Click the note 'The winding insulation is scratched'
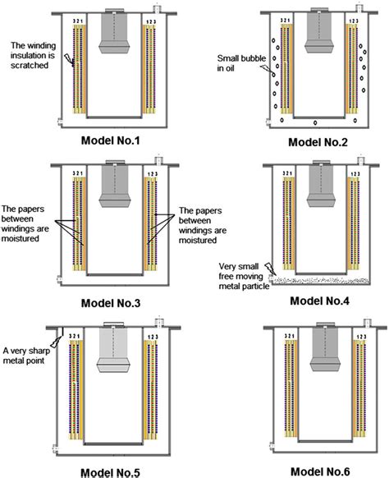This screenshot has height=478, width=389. coord(32,55)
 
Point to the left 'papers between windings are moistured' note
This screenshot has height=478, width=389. coord(29,219)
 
